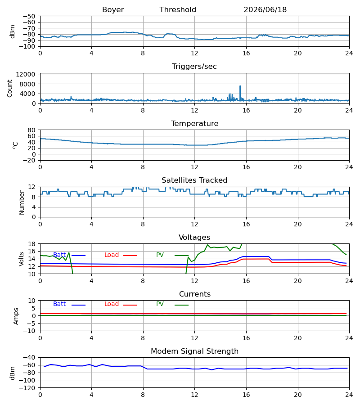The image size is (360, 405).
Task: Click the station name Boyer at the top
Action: [x=113, y=10]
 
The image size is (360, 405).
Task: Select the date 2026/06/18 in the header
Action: [x=265, y=10]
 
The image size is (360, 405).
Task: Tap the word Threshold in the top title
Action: [x=178, y=10]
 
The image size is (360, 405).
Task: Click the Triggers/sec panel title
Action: [x=194, y=67]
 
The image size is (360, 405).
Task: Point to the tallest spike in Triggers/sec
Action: [x=240, y=86]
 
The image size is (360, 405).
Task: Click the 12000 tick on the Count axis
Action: [x=25, y=74]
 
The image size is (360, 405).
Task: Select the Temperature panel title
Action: [x=194, y=123]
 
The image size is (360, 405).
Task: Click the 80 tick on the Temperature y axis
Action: [x=31, y=130]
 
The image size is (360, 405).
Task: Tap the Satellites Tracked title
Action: [x=194, y=180]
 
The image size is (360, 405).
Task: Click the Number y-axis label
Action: [x=22, y=202]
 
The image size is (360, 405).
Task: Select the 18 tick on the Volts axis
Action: [x=31, y=244]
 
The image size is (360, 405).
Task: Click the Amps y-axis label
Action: [x=16, y=316]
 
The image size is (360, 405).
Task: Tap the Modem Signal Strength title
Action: [x=194, y=351]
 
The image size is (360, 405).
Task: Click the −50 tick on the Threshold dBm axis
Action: [x=29, y=16]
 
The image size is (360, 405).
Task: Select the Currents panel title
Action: [x=195, y=294]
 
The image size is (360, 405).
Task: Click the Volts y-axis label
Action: [x=22, y=259]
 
